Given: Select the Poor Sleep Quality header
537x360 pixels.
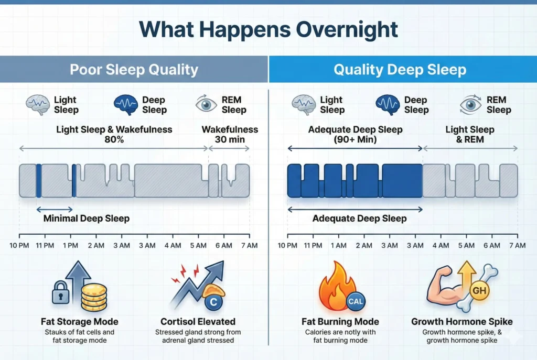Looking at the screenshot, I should point(134,70).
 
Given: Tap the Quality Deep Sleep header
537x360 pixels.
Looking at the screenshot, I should point(401,70).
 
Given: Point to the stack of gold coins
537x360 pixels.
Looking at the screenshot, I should point(93,298).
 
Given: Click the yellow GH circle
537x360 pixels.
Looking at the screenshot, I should point(478,290).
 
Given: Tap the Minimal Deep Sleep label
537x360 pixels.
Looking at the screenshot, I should point(86,218).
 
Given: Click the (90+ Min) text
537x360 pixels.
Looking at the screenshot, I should point(356,140).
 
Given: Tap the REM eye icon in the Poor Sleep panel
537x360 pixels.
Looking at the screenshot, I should point(206,104).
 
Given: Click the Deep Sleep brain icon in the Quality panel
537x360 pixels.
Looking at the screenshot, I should point(388,104).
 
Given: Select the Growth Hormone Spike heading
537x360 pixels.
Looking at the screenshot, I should point(461,321).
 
